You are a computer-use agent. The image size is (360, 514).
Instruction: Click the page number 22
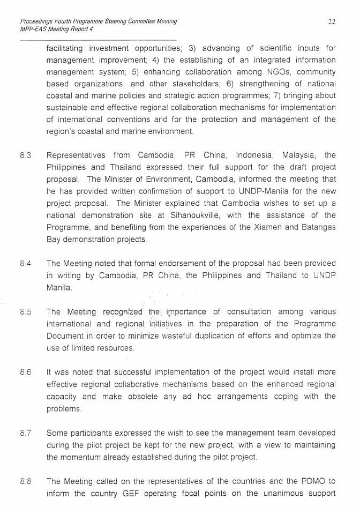coord(332,21)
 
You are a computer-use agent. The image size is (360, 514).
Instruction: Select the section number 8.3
coord(25,155)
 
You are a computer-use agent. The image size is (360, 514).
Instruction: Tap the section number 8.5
coord(25,312)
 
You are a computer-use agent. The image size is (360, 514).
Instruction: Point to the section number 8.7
coord(25,433)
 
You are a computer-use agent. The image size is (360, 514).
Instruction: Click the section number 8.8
coord(25,481)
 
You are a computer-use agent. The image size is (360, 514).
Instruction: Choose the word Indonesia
coord(256,155)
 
